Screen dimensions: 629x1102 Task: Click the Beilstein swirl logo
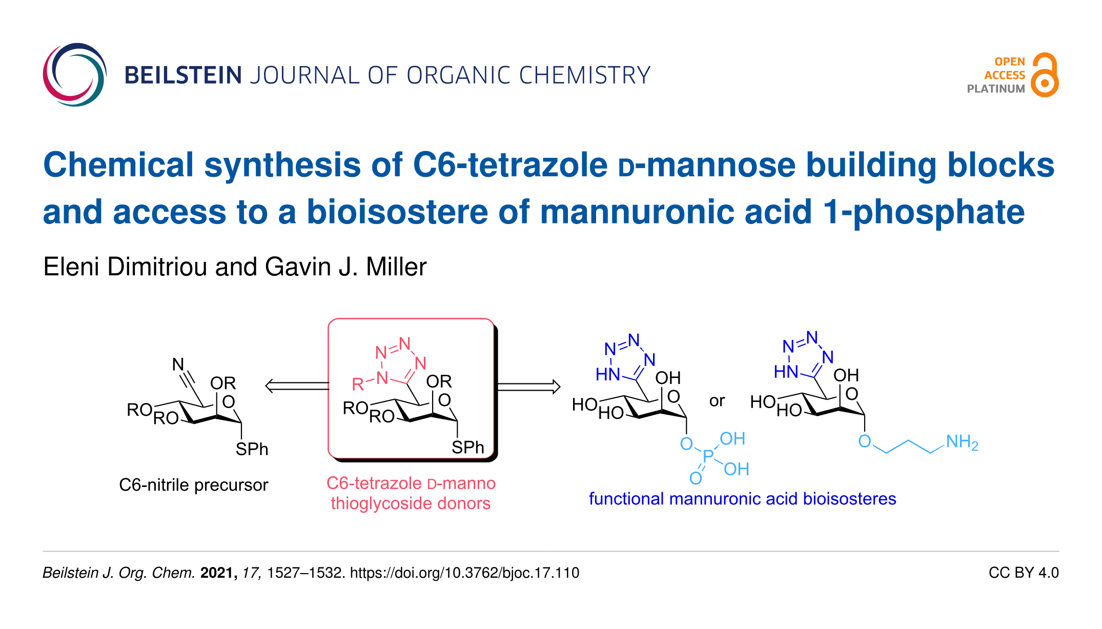tap(75, 75)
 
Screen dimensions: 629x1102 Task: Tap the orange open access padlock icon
tap(1045, 76)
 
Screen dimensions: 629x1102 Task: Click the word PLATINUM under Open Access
tap(995, 89)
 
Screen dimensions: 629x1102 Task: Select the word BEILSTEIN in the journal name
tap(183, 75)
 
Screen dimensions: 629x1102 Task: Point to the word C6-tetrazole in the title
tap(510, 165)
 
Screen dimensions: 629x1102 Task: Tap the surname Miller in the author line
tap(396, 267)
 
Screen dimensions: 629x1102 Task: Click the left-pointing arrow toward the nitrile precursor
tap(296, 386)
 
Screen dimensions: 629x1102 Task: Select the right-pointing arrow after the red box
tap(528, 386)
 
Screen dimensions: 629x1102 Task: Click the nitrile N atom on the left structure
tap(178, 364)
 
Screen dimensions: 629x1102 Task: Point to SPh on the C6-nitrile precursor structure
tap(252, 449)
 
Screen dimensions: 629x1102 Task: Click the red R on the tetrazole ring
tap(358, 384)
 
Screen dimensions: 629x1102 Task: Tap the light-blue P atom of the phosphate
tap(708, 455)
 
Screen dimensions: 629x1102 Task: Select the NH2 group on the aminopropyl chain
tap(962, 442)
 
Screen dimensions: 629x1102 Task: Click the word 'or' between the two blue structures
tap(717, 401)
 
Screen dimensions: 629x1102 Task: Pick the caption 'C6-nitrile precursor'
tap(193, 485)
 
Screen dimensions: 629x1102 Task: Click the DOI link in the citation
tap(464, 573)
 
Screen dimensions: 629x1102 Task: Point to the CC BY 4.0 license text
tap(1023, 573)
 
